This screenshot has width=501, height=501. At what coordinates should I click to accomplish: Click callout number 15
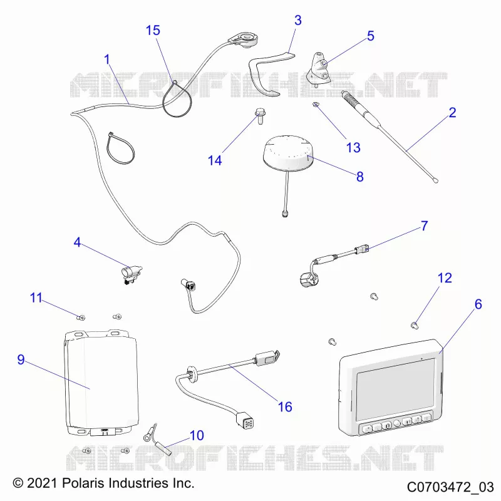click(x=153, y=30)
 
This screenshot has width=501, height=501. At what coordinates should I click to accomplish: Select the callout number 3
click(x=298, y=20)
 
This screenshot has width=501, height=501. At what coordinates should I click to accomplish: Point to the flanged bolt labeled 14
click(x=260, y=116)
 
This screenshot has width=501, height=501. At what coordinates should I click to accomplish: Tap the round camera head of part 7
click(x=307, y=279)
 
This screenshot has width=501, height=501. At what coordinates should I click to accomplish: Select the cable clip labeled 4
click(x=131, y=274)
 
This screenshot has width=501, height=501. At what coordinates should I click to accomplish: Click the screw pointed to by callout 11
click(x=81, y=318)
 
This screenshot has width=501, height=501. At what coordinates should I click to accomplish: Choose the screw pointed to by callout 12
click(x=415, y=326)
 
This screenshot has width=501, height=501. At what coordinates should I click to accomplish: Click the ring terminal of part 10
click(x=147, y=437)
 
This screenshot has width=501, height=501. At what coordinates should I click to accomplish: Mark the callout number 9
click(x=21, y=359)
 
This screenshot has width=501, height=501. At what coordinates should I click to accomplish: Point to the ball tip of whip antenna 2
click(x=435, y=181)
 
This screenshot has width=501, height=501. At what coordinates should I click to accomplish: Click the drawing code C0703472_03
click(x=450, y=487)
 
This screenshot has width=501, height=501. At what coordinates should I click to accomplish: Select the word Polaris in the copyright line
click(x=83, y=483)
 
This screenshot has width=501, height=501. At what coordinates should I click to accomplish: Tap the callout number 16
click(x=285, y=406)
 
